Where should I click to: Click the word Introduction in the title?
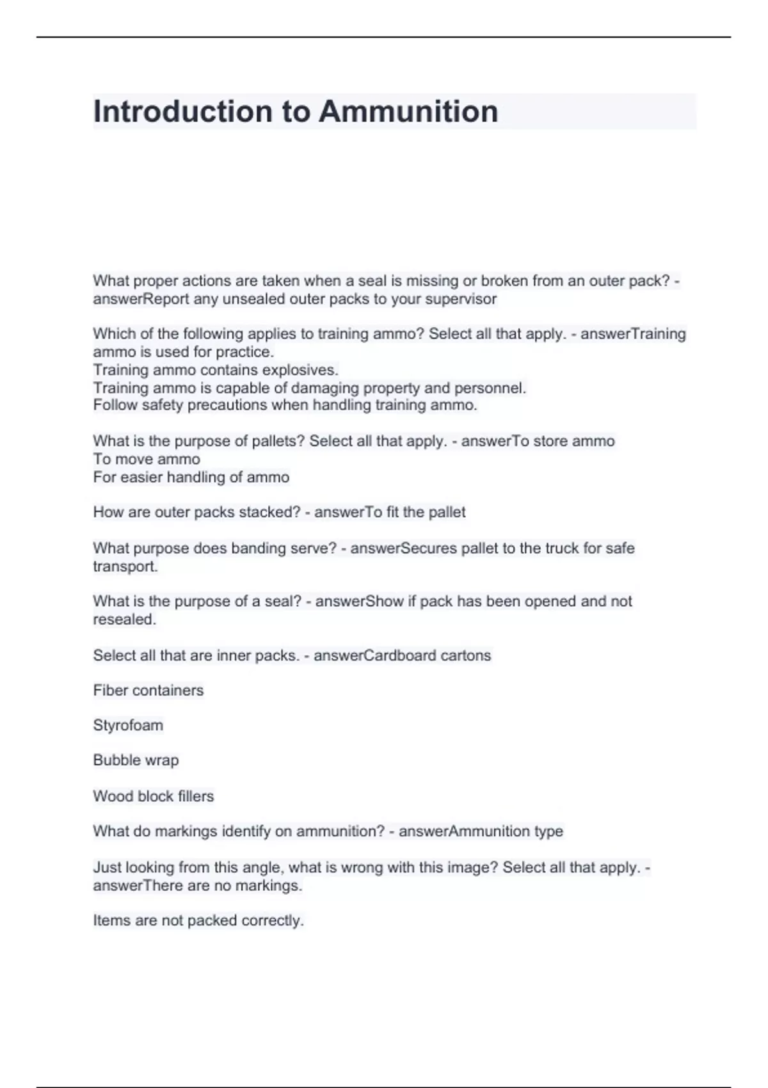(x=182, y=111)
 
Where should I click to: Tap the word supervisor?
(x=461, y=299)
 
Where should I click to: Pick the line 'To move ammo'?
(x=147, y=459)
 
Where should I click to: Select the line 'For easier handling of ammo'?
(x=191, y=477)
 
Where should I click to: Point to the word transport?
(x=125, y=566)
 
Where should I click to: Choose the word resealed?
(x=124, y=620)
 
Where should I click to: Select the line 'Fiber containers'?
(x=148, y=690)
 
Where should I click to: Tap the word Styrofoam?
(x=128, y=725)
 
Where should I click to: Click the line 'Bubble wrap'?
(x=136, y=760)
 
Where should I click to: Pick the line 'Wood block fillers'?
(x=154, y=796)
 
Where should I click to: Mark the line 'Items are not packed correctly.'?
(x=198, y=920)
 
